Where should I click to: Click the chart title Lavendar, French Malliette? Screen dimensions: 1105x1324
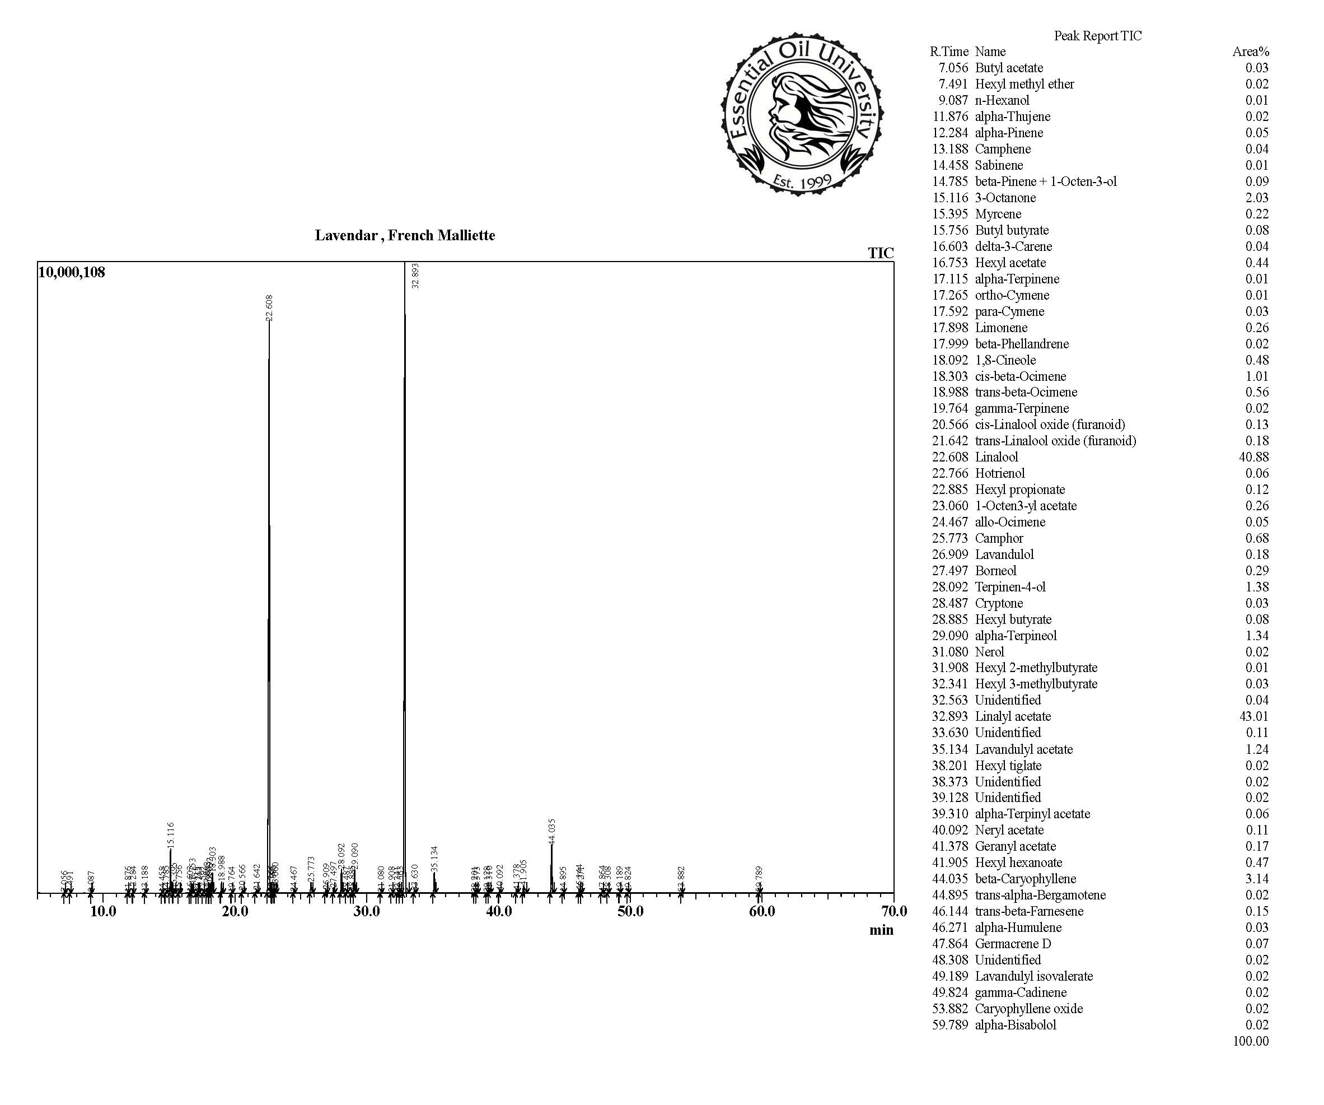(x=405, y=236)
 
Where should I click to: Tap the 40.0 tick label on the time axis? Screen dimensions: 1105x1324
(x=498, y=911)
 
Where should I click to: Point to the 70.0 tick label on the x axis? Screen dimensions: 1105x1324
(x=893, y=911)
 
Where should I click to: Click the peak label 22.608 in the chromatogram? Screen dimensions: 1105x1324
(x=270, y=308)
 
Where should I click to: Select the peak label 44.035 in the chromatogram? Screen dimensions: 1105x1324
(x=553, y=831)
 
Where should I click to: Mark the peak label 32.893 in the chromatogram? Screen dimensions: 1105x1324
(x=415, y=276)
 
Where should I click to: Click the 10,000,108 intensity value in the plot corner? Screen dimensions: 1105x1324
(x=72, y=272)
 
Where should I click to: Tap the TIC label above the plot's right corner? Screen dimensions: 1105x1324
(x=880, y=254)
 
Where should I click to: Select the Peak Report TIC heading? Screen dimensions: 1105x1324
(x=1098, y=36)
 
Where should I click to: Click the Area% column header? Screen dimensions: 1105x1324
(x=1250, y=52)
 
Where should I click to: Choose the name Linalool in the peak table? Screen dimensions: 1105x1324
(x=996, y=456)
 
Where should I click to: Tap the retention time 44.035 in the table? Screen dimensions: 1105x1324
(x=949, y=879)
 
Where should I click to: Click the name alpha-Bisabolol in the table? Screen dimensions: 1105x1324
(x=1015, y=1025)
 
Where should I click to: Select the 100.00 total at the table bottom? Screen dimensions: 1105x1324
(x=1251, y=1041)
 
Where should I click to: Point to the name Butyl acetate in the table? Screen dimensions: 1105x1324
(x=1009, y=68)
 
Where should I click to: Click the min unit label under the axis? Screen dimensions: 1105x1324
(x=881, y=930)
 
